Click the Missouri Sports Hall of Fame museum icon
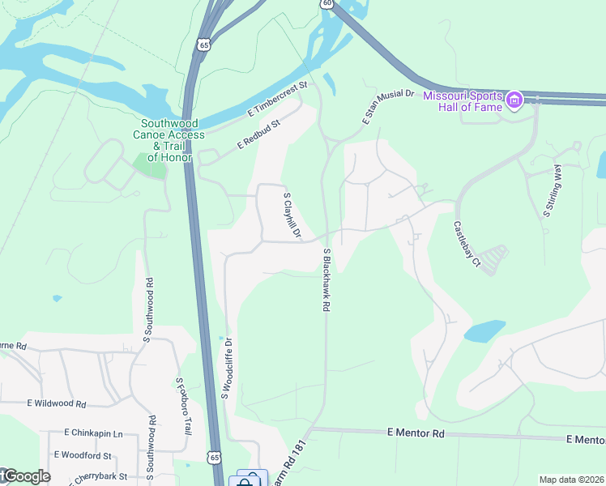coord(514,101)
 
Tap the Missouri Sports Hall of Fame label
coord(471,100)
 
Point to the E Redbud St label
coord(258,134)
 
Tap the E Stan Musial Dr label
coord(388,108)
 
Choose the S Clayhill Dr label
coord(292,216)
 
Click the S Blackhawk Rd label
coord(326,280)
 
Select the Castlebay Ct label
coord(467,245)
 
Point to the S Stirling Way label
coord(552,191)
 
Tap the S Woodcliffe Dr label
coord(227,368)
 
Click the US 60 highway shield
coord(326,4)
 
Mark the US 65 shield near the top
coord(203,45)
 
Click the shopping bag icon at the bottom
coord(244,480)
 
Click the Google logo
coord(26,476)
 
